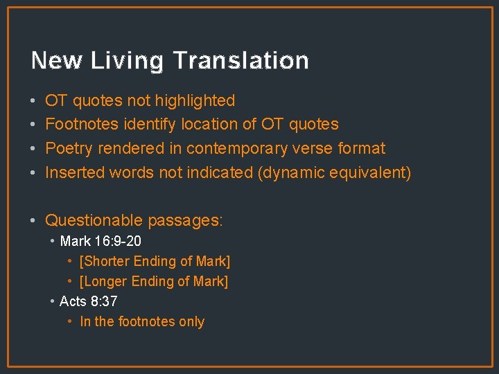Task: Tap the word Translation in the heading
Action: coord(240,61)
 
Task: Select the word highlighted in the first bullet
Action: coord(195,101)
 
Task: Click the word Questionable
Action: coord(94,221)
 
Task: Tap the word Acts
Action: coord(73,302)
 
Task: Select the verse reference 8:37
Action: coord(104,302)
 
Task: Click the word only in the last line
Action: coord(191,322)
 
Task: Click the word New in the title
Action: coord(56,61)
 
